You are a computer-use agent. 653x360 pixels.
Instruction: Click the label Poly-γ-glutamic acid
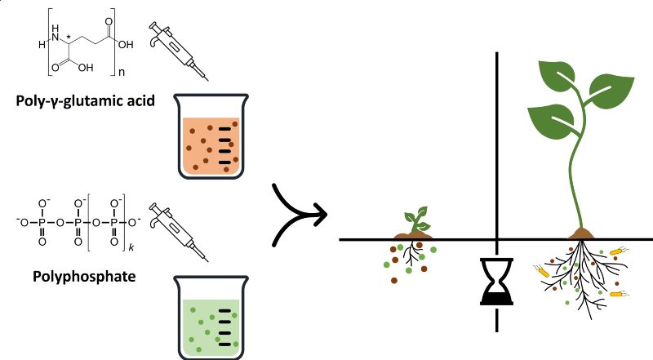tap(86, 104)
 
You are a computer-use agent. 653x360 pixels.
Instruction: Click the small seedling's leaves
tap(417, 216)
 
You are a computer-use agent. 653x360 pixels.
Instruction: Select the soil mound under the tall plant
tap(580, 234)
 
